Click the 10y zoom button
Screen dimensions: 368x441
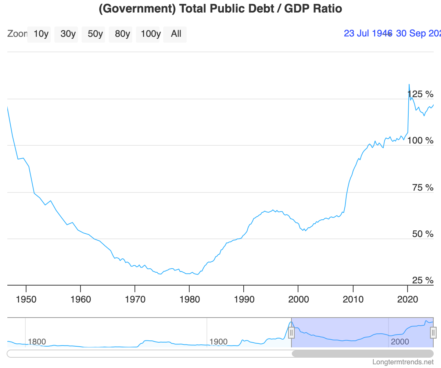(x=41, y=34)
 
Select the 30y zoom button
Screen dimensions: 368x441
(x=68, y=34)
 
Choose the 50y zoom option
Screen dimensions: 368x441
(x=95, y=34)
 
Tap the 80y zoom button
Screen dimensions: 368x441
(x=122, y=34)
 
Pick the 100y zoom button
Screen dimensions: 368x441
(x=151, y=34)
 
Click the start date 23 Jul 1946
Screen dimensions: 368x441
(x=368, y=33)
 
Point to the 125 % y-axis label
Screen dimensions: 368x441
(x=420, y=94)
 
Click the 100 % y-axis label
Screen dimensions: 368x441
(x=420, y=141)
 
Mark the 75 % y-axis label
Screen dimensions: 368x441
(x=423, y=188)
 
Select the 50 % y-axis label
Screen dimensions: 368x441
(x=423, y=234)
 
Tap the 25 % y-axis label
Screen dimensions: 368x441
(x=423, y=281)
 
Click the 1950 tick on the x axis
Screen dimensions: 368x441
(x=26, y=299)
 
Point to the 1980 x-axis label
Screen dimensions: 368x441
(x=189, y=299)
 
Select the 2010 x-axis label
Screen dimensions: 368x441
(x=353, y=299)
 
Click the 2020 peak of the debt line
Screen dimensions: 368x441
(x=409, y=85)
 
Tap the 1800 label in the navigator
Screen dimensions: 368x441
(x=37, y=342)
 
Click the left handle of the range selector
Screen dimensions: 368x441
(x=291, y=333)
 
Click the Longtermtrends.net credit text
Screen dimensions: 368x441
(x=403, y=362)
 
